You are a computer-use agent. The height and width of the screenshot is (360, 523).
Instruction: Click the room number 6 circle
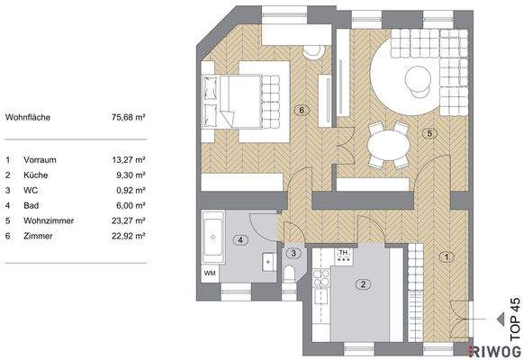(302, 111)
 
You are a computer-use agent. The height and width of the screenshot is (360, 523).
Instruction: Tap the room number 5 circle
(430, 133)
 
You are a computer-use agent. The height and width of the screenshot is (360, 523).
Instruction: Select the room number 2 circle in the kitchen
(362, 285)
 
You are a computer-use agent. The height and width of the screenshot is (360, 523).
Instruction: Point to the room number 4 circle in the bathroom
(239, 239)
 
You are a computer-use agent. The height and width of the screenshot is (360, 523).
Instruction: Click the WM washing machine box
(210, 272)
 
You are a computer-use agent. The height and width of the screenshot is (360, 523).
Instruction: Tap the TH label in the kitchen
(342, 254)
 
